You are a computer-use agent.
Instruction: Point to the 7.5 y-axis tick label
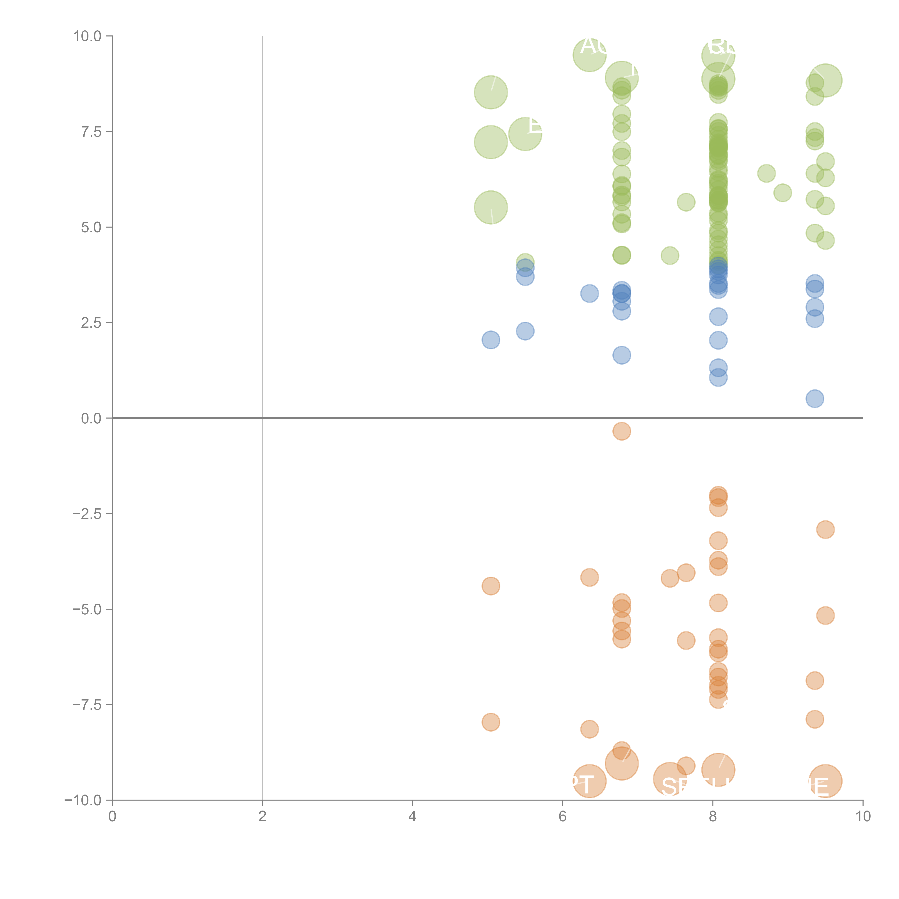coord(91,132)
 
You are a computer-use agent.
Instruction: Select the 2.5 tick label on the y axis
coord(91,322)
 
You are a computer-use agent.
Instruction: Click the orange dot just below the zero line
coord(622,431)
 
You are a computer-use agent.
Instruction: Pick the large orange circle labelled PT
coord(590,781)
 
